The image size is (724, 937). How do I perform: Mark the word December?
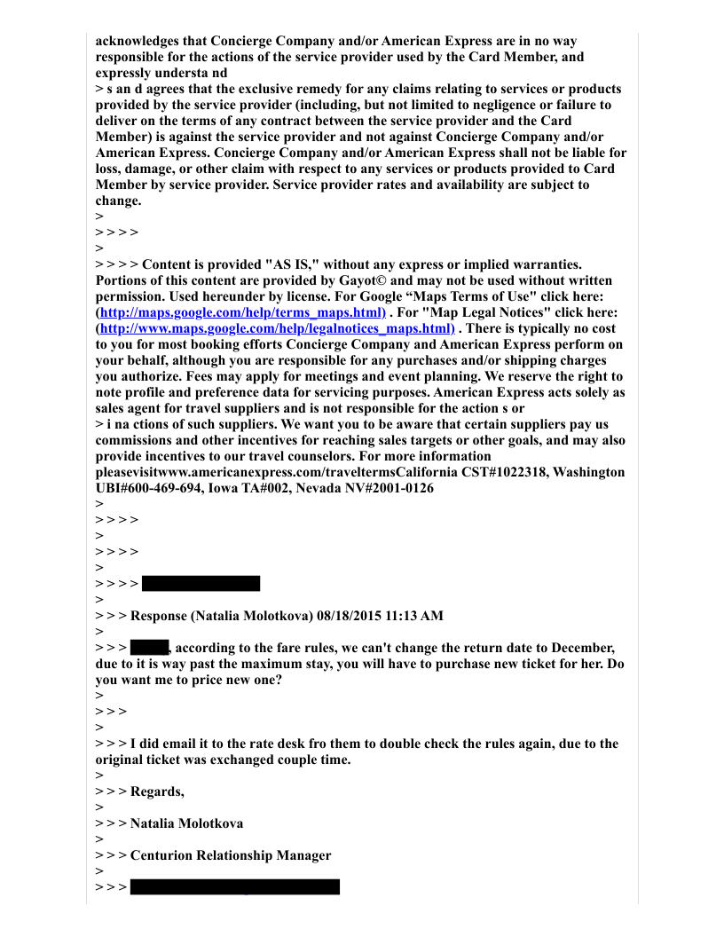[578, 648]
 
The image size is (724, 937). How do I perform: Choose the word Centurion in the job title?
[164, 855]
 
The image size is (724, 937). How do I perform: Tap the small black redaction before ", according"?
[150, 648]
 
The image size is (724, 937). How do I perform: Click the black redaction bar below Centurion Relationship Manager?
[235, 887]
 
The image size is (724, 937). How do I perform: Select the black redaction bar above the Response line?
[201, 584]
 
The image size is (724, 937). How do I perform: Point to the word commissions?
[138, 440]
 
